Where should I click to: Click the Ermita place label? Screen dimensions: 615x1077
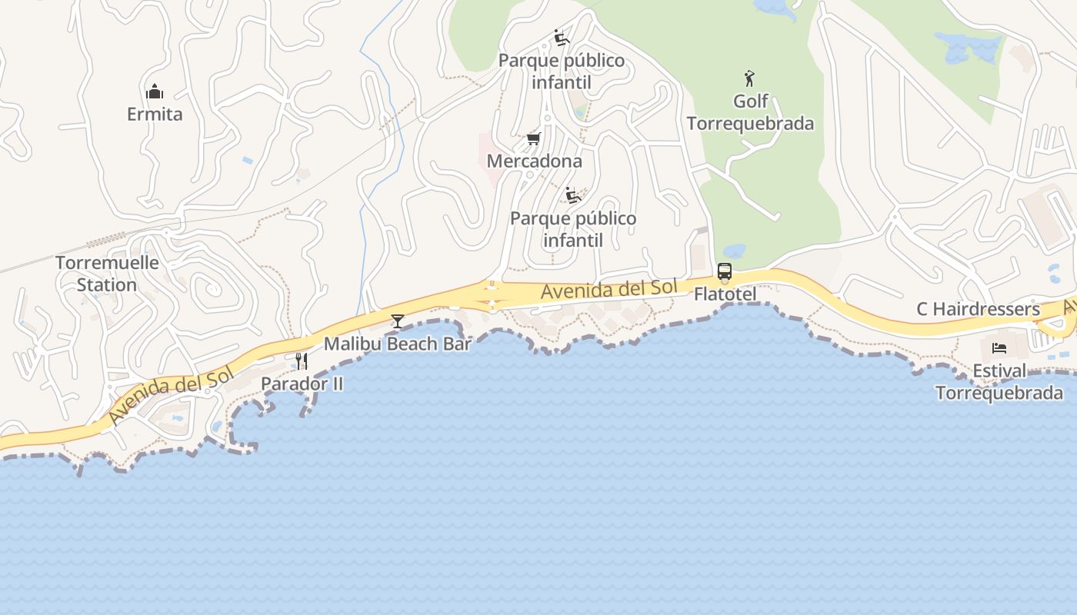pyautogui.click(x=155, y=115)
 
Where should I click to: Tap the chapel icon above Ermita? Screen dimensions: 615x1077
pyautogui.click(x=155, y=91)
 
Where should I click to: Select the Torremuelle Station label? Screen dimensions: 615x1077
pyautogui.click(x=107, y=274)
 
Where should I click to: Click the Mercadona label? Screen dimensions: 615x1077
pyautogui.click(x=534, y=161)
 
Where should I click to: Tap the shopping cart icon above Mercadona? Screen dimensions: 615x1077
pyautogui.click(x=533, y=139)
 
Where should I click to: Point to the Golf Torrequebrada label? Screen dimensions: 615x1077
pyautogui.click(x=750, y=112)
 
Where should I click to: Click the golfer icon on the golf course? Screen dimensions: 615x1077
pyautogui.click(x=750, y=78)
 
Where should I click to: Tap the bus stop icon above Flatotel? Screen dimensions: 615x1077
pyautogui.click(x=725, y=271)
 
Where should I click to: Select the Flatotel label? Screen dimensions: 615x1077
pyautogui.click(x=725, y=294)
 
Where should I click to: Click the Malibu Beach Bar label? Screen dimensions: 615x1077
pyautogui.click(x=397, y=344)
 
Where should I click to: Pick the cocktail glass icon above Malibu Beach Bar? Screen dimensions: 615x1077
pyautogui.click(x=397, y=321)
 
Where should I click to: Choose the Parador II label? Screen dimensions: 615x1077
pyautogui.click(x=302, y=384)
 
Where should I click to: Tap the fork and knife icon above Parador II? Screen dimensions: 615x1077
pyautogui.click(x=302, y=361)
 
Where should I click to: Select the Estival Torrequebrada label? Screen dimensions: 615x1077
pyautogui.click(x=999, y=382)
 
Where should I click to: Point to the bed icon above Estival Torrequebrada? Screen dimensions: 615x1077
pyautogui.click(x=999, y=348)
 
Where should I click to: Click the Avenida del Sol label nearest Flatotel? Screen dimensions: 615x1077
pyautogui.click(x=609, y=290)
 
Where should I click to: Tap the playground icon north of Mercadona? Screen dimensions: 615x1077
pyautogui.click(x=561, y=38)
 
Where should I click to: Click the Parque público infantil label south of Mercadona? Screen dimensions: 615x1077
pyautogui.click(x=573, y=229)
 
